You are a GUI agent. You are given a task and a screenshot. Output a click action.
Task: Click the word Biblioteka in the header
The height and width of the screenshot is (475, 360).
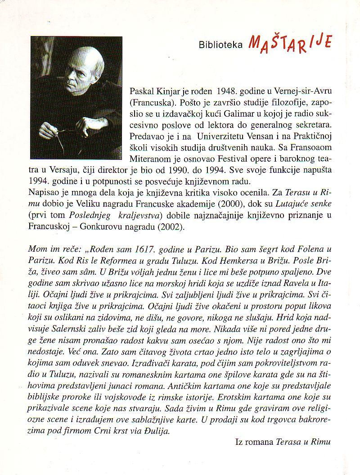(221, 44)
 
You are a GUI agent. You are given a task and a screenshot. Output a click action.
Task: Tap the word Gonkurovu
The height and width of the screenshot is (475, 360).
(99, 228)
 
